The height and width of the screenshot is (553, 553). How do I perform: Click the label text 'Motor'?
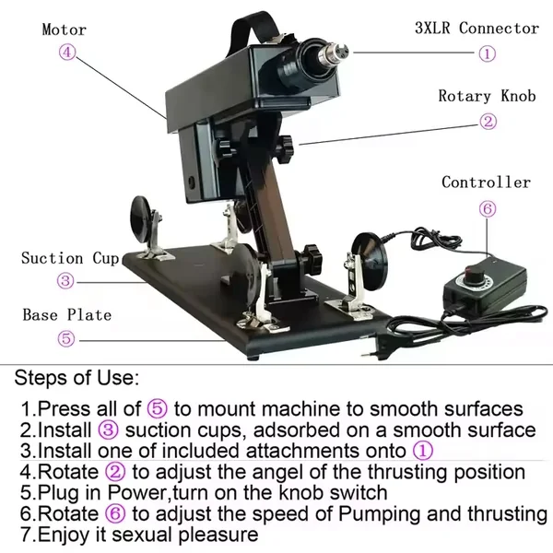pyautogui.click(x=65, y=29)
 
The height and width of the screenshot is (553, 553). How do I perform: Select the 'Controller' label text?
pyautogui.click(x=486, y=182)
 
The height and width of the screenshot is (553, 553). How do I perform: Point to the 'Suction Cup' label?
pyautogui.click(x=70, y=258)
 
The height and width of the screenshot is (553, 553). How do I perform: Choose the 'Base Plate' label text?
pyautogui.click(x=66, y=314)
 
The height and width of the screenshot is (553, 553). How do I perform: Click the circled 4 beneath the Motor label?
pyautogui.click(x=66, y=53)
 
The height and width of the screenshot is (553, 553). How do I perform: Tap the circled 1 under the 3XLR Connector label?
pyautogui.click(x=487, y=53)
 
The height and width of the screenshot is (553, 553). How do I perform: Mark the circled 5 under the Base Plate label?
pyautogui.click(x=66, y=338)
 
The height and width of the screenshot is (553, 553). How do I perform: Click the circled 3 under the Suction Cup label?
pyautogui.click(x=65, y=281)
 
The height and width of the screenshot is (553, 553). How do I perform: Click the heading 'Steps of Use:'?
pyautogui.click(x=77, y=378)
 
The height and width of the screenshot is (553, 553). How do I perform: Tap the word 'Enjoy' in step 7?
pyautogui.click(x=65, y=535)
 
